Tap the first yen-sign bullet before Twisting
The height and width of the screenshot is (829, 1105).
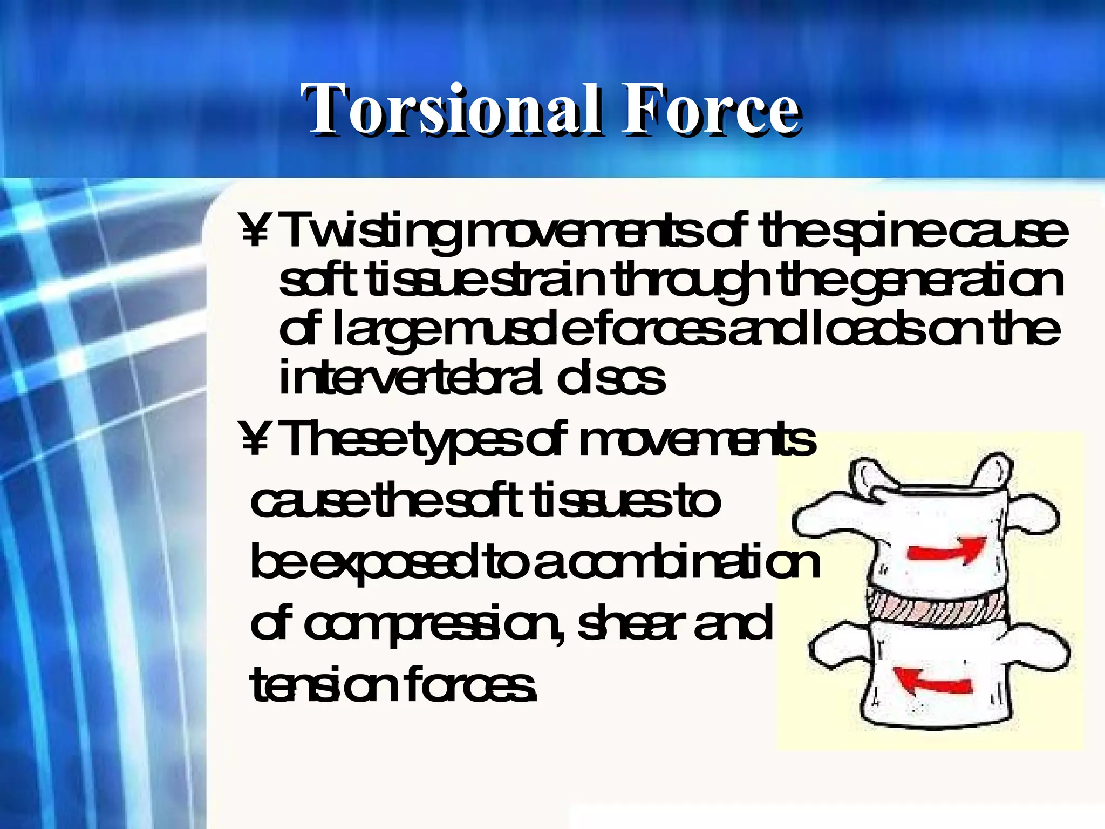click(x=254, y=231)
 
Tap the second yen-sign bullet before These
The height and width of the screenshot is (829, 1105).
click(x=254, y=440)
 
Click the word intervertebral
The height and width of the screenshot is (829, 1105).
click(x=410, y=378)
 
